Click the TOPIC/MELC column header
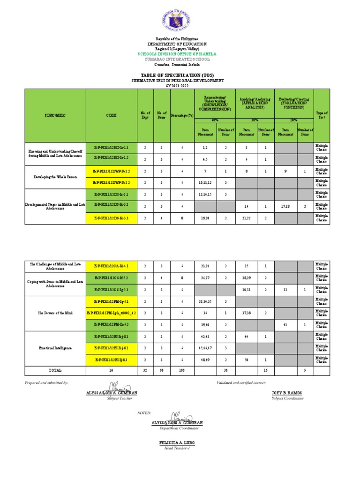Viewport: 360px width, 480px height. (x=56, y=115)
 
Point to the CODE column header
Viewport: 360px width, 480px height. (x=111, y=115)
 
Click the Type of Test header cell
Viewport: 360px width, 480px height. (x=322, y=115)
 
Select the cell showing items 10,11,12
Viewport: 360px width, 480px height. (x=205, y=182)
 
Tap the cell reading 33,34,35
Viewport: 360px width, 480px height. (x=205, y=301)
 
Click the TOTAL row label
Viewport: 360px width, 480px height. (x=55, y=370)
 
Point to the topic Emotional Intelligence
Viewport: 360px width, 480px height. (x=56, y=348)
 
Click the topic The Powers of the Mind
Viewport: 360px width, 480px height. (x=56, y=312)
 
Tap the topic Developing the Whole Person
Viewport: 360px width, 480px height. (x=56, y=177)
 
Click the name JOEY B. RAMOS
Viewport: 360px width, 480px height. (x=287, y=393)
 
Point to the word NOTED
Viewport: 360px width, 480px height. (x=144, y=413)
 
